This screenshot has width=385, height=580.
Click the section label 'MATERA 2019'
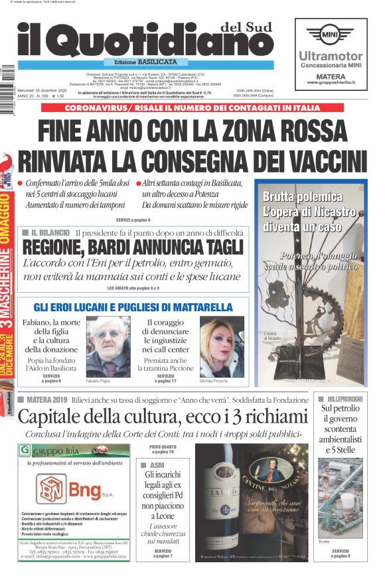click(47, 399)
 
